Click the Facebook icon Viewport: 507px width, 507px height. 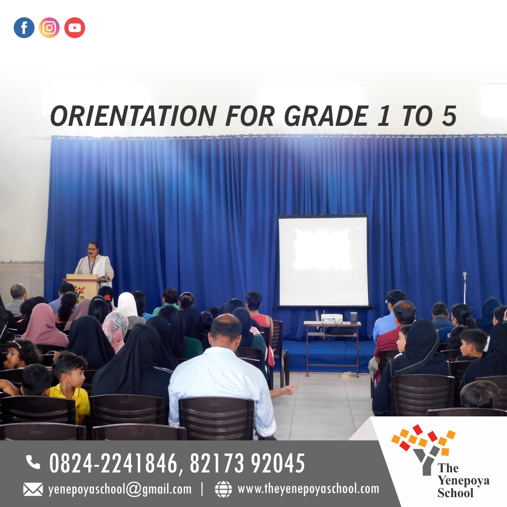(24, 28)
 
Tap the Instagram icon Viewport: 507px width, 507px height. (49, 28)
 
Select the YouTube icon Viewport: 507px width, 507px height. (75, 28)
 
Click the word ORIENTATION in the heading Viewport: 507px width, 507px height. (133, 116)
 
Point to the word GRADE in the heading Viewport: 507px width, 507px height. (326, 116)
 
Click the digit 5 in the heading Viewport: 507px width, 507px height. (449, 116)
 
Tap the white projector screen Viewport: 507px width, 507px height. (323, 261)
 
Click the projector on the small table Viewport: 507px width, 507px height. (331, 318)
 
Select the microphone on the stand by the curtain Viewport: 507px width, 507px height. (465, 275)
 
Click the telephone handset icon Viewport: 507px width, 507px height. (33, 462)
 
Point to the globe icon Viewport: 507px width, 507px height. (223, 489)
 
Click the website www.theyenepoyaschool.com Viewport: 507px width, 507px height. (308, 489)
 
